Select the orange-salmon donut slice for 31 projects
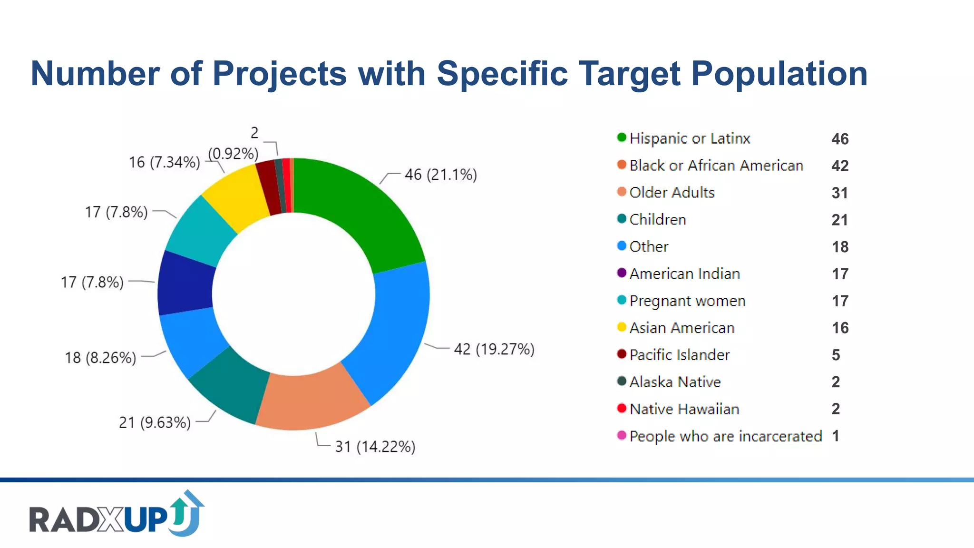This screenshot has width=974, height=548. click(x=312, y=400)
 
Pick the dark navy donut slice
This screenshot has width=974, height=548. click(x=185, y=283)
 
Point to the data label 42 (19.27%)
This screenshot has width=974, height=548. click(x=494, y=349)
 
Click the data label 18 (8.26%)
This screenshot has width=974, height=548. click(x=100, y=357)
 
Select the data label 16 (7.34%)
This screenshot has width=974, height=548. click(x=164, y=162)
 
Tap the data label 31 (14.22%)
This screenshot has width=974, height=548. click(x=375, y=447)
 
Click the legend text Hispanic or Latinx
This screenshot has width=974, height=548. click(x=690, y=138)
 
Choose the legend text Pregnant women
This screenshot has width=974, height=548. click(x=687, y=301)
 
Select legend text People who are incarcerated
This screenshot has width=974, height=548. click(x=725, y=436)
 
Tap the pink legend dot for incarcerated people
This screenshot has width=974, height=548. click(x=621, y=435)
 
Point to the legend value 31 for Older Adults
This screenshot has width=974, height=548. click(x=839, y=193)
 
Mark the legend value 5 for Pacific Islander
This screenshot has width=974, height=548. click(x=836, y=355)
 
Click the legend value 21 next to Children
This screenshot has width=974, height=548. click(x=839, y=220)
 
